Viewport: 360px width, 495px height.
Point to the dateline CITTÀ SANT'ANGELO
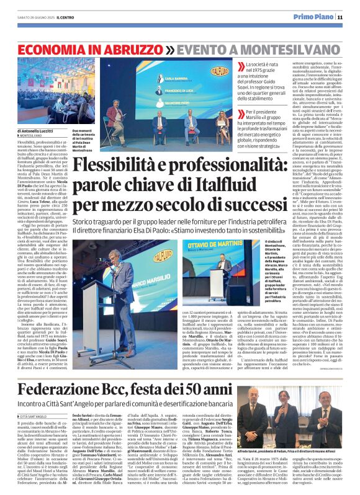39,383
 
